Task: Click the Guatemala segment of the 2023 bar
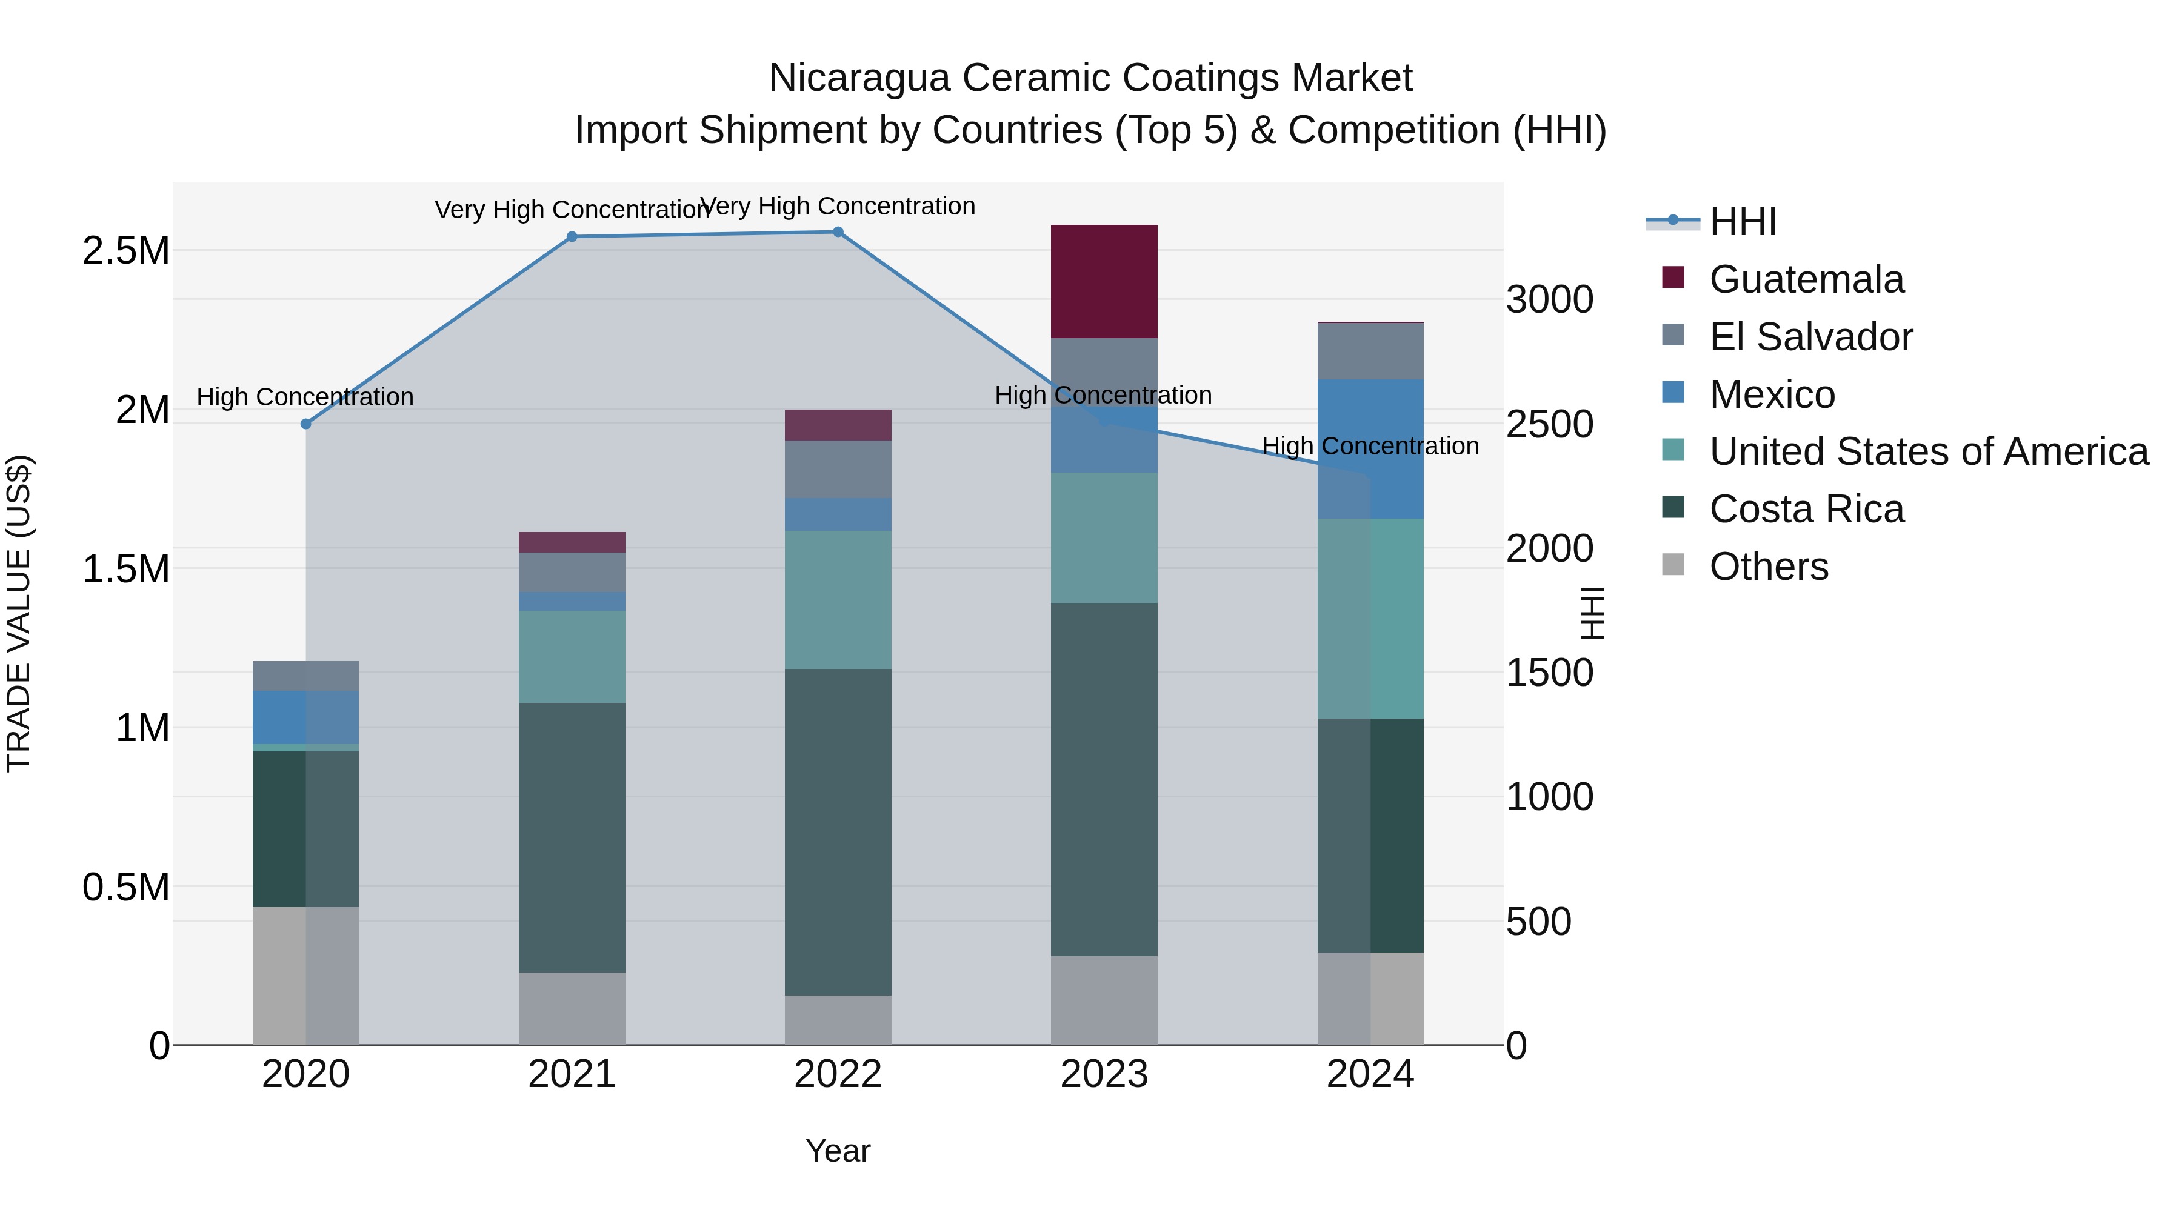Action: point(1104,281)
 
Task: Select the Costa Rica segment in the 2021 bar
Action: point(572,837)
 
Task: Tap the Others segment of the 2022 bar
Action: point(838,1020)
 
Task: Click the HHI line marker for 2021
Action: point(572,237)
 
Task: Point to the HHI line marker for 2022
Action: point(838,232)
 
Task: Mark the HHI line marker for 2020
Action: point(306,424)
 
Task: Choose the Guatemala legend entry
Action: point(1806,279)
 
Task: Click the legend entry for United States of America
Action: point(1929,451)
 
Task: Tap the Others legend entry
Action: point(1769,567)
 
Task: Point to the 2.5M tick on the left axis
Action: point(126,251)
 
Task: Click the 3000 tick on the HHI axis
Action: point(1549,300)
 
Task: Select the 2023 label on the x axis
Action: point(1104,1074)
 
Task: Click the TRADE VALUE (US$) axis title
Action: point(19,613)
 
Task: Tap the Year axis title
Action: point(838,1151)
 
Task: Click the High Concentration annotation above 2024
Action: point(1370,445)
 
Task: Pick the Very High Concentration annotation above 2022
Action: point(838,206)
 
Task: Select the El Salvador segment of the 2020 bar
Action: point(306,676)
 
